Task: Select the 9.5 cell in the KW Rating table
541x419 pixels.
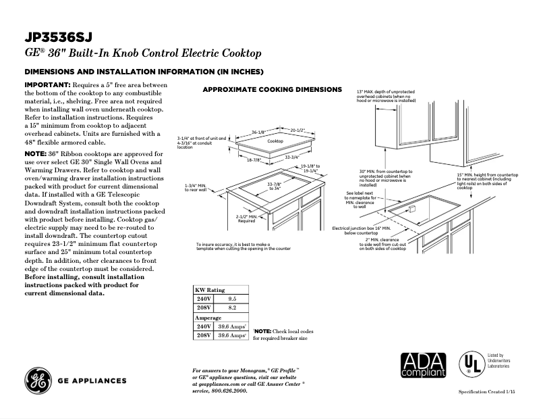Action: (x=231, y=297)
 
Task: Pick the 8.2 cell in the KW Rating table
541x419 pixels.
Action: (x=231, y=307)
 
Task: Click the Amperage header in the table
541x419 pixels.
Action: (x=208, y=316)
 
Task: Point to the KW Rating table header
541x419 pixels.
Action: (x=210, y=289)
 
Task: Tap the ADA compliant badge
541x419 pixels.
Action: (x=424, y=366)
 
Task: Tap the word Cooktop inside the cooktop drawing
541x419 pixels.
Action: (x=275, y=141)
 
